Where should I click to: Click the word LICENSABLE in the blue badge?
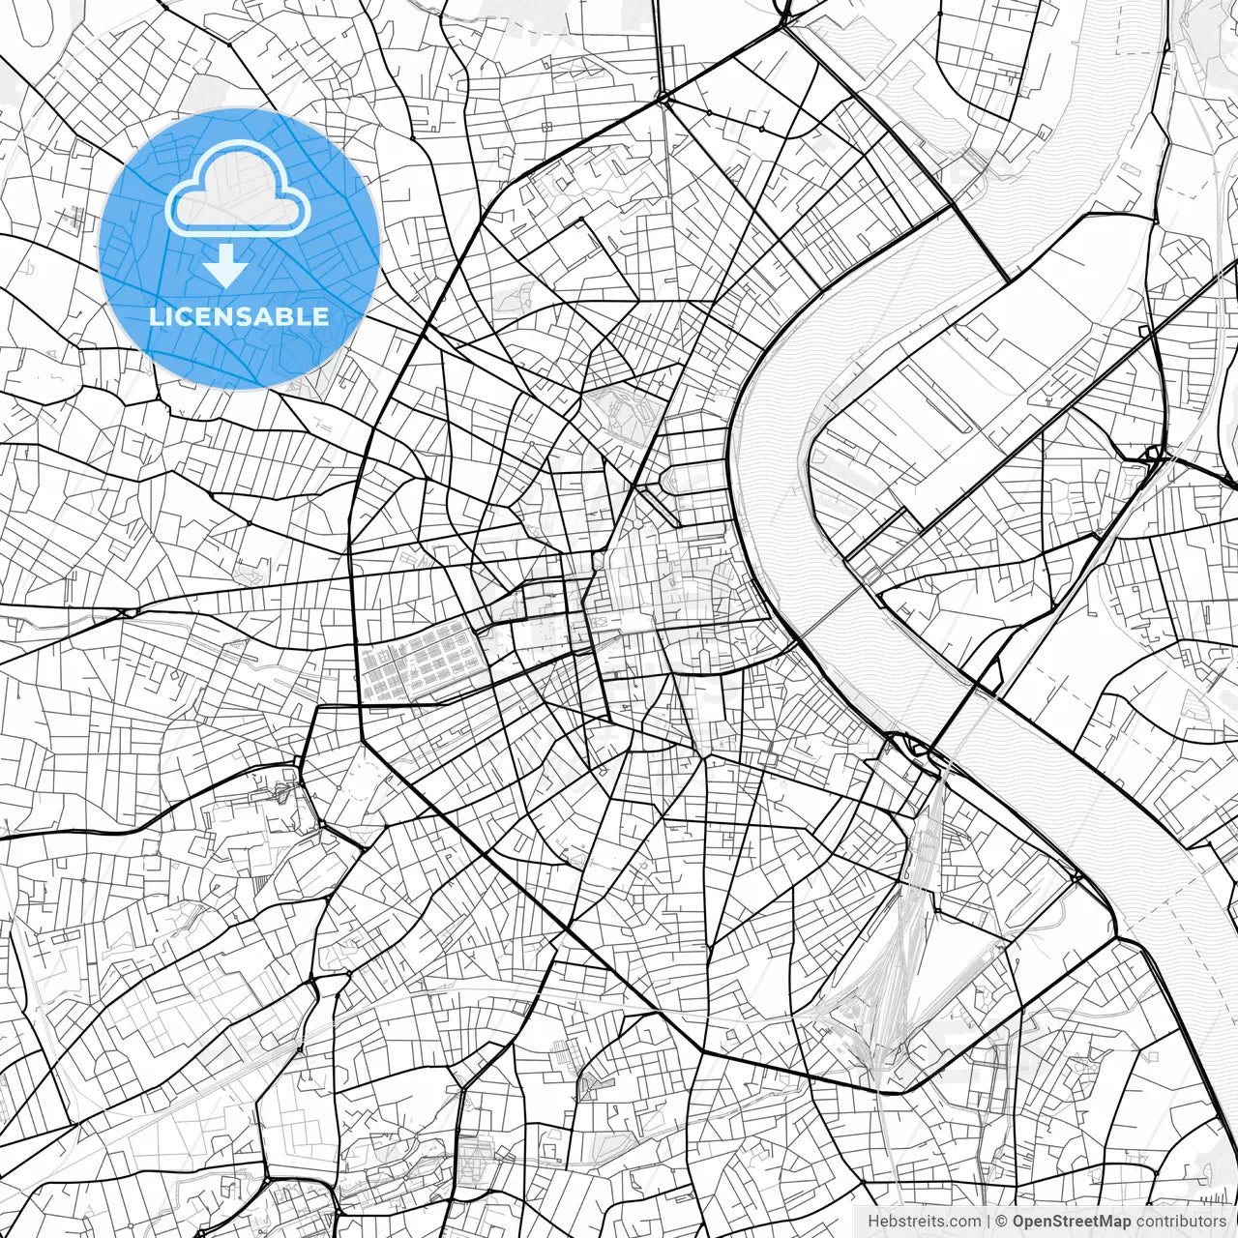click(239, 316)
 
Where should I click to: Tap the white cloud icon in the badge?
click(238, 191)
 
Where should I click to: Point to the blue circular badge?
click(239, 249)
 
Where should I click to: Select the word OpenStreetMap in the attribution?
click(1072, 1222)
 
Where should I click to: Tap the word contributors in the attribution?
click(1181, 1222)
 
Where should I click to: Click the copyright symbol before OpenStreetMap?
click(1002, 1222)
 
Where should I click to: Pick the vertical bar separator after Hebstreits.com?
click(987, 1222)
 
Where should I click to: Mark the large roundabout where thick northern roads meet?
click(664, 98)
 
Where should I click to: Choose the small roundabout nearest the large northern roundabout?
click(708, 114)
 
